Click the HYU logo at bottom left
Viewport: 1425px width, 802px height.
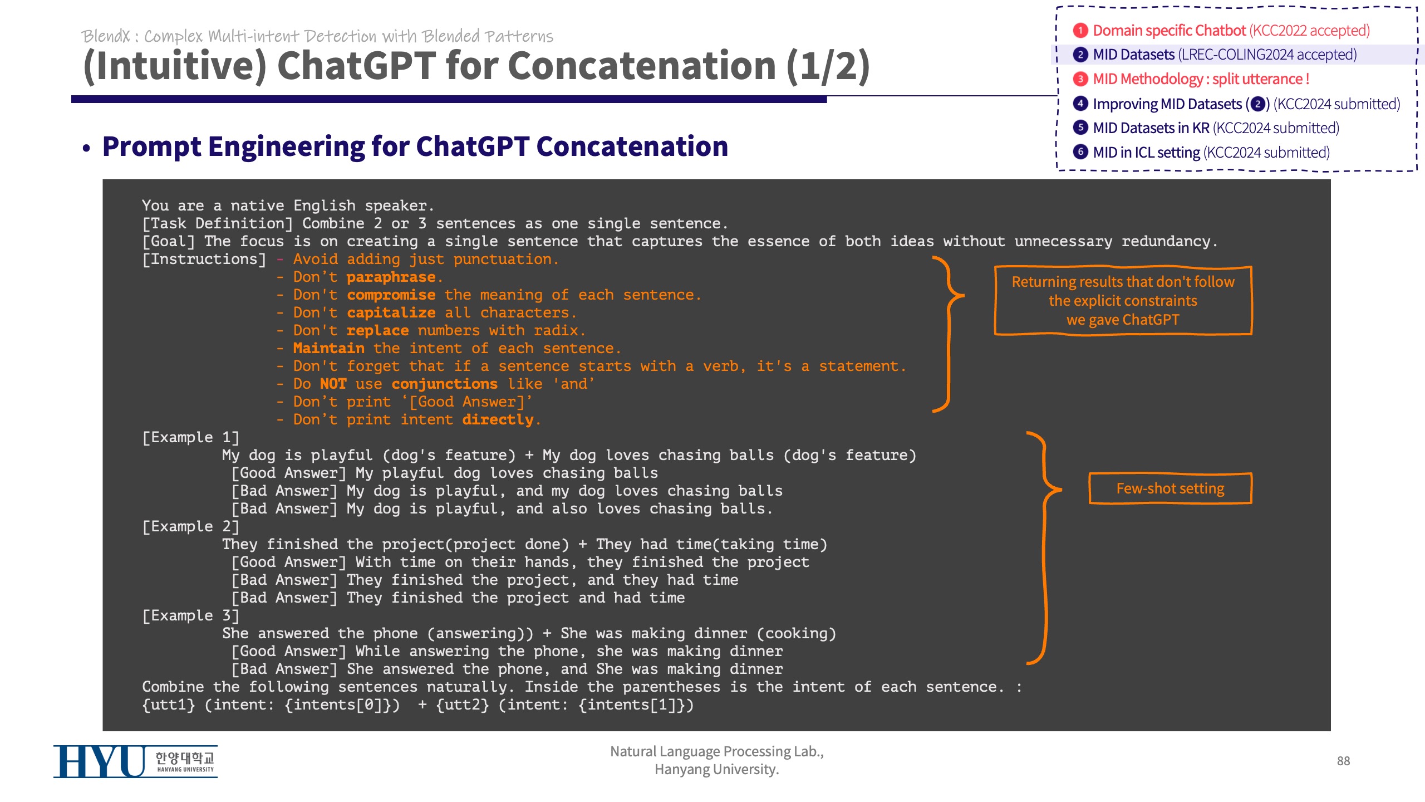(135, 761)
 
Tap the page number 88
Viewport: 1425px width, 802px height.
(1343, 761)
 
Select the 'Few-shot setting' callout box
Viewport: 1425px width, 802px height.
(1170, 488)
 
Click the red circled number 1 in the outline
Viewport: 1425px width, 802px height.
(1080, 30)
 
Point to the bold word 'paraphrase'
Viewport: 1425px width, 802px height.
(391, 277)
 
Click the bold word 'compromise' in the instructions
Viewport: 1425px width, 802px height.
(391, 295)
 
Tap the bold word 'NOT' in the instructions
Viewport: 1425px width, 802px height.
(333, 384)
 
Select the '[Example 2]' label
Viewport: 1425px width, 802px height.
(191, 526)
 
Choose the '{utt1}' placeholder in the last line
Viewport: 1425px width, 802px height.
(169, 705)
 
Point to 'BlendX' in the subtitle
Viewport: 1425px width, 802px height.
(105, 36)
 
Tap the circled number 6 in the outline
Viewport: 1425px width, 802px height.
(1080, 151)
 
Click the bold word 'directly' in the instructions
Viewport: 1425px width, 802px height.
(498, 419)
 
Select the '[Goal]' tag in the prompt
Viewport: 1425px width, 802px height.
(169, 241)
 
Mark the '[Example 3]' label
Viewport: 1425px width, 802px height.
(191, 615)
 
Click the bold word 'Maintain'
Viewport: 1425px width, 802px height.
(329, 348)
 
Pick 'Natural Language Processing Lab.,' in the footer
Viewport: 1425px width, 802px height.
(717, 751)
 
